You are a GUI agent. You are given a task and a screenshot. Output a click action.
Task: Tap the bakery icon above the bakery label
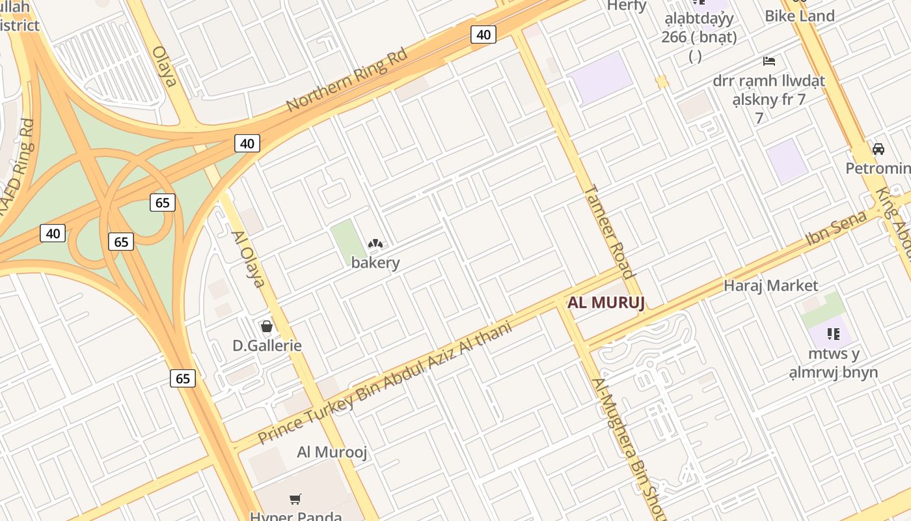click(x=375, y=244)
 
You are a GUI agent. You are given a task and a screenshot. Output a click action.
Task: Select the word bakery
click(x=375, y=263)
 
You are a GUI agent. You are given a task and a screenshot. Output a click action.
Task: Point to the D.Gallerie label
click(x=267, y=345)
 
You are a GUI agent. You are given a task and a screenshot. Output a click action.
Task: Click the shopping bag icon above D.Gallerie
click(x=267, y=326)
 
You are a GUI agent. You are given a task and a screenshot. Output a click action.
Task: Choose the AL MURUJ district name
click(x=606, y=303)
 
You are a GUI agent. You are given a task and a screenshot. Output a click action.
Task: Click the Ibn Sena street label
click(x=836, y=228)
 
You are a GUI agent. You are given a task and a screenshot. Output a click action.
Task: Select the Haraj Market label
click(x=771, y=285)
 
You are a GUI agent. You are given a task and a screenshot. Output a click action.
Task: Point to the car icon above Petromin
click(x=878, y=149)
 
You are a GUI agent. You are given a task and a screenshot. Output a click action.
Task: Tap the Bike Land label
click(x=800, y=16)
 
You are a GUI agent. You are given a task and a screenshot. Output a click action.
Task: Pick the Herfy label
click(x=627, y=6)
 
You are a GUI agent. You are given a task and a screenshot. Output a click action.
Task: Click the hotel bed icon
click(x=769, y=61)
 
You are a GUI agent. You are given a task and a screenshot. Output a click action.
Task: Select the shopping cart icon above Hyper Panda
click(x=295, y=500)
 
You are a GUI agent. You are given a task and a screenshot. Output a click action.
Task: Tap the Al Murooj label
click(x=333, y=452)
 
